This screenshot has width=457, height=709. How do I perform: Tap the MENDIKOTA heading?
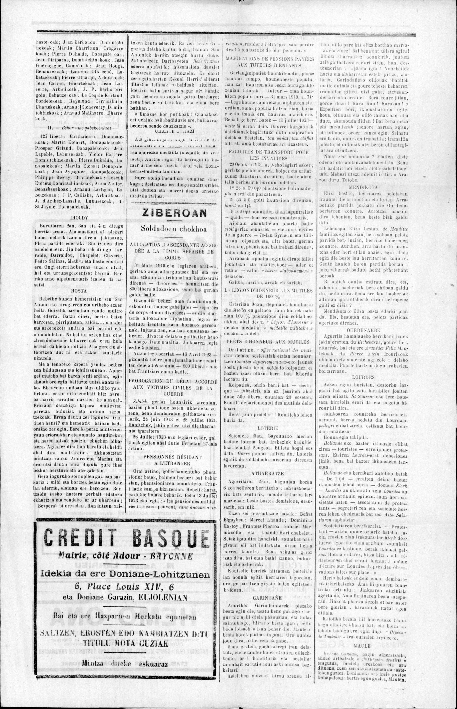pyautogui.click(x=363, y=188)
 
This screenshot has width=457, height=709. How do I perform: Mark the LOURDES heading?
pyautogui.click(x=363, y=377)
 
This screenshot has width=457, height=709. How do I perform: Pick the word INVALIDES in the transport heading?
pyautogui.click(x=264, y=158)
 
